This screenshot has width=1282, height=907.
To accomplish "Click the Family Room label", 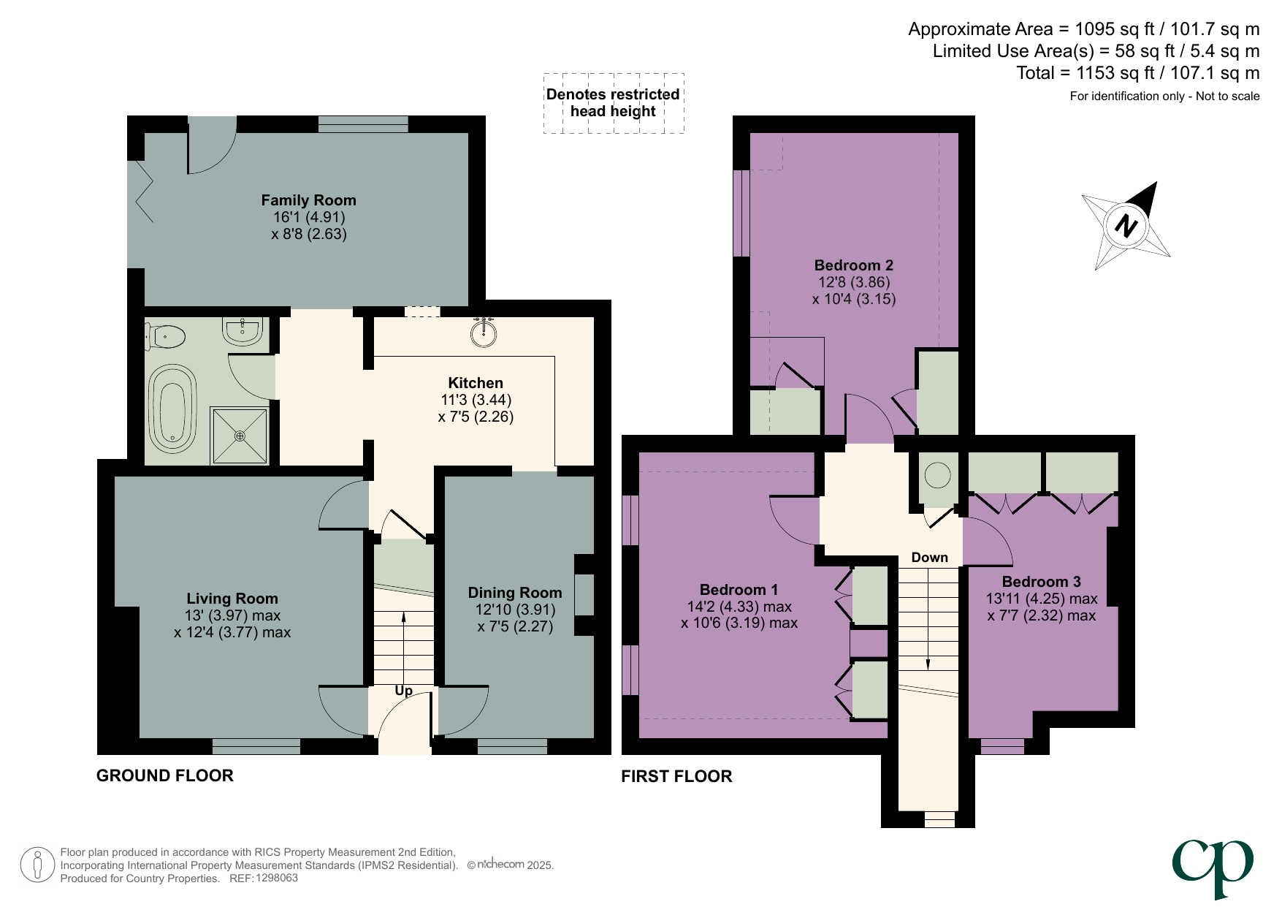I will [308, 200].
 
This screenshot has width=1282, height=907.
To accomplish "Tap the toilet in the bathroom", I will [166, 337].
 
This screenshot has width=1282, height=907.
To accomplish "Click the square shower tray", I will [240, 436].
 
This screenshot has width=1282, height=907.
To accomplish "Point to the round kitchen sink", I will [484, 333].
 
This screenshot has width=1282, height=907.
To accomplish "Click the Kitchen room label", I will [476, 383].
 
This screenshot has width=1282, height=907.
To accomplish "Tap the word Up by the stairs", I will [403, 691].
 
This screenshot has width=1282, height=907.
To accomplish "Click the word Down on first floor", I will [929, 558].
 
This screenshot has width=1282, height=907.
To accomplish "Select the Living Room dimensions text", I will [232, 624].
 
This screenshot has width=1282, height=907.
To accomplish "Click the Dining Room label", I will [515, 593].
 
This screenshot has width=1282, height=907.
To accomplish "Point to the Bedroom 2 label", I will [853, 265].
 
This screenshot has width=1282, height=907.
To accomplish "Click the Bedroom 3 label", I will [1041, 582].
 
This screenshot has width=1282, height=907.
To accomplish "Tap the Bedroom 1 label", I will [739, 590].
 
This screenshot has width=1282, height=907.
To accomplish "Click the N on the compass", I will [1126, 226].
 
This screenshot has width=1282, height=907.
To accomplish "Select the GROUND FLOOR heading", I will [165, 775].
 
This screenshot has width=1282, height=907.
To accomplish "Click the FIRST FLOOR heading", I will [676, 776].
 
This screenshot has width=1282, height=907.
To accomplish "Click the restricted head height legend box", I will [614, 103].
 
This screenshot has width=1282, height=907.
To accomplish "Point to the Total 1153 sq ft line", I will [1137, 73].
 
